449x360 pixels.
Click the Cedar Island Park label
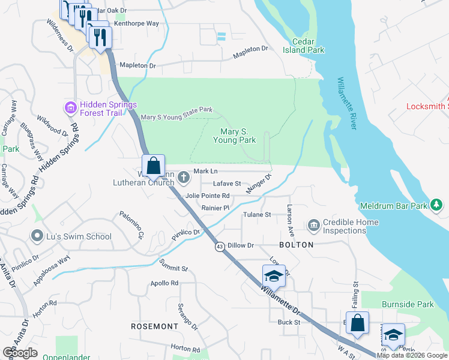pyautogui.click(x=308, y=46)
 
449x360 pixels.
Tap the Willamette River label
pyautogui.click(x=346, y=103)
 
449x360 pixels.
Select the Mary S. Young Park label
pyautogui.click(x=234, y=136)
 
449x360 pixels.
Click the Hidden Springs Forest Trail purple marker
pyautogui.click(x=70, y=108)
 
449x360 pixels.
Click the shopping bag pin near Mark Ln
pyautogui.click(x=153, y=166)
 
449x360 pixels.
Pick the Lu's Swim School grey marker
pyautogui.click(x=38, y=236)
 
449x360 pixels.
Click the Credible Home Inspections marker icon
pyautogui.click(x=313, y=226)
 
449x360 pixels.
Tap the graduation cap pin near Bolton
pyautogui.click(x=274, y=276)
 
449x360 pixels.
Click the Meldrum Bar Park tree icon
pyautogui.click(x=437, y=206)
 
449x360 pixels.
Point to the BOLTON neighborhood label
pyautogui.click(x=297, y=245)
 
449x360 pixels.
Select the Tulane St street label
pyautogui.click(x=257, y=214)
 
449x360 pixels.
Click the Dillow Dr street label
pyautogui.click(x=241, y=245)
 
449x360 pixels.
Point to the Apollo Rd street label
pyautogui.click(x=165, y=283)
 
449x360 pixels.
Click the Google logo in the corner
pyautogui.click(x=20, y=352)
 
